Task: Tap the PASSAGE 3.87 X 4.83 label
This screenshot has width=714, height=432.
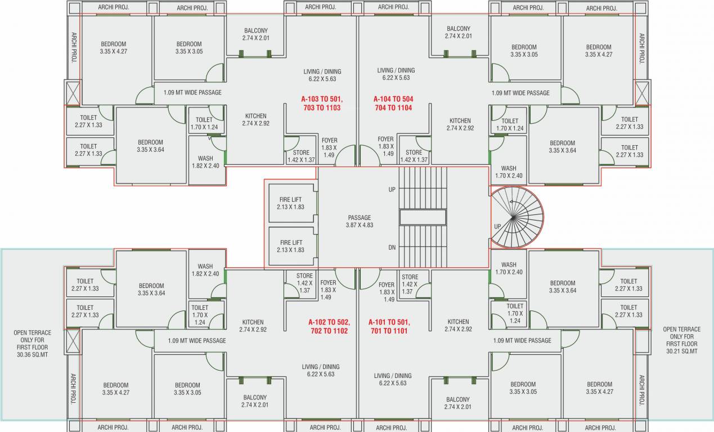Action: coord(359,221)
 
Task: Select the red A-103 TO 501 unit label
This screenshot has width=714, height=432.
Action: coord(321,102)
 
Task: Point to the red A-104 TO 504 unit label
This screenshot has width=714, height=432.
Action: coord(393,102)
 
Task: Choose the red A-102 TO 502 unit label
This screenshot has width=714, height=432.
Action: coord(329,326)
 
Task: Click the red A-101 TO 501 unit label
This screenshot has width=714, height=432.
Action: coord(389,326)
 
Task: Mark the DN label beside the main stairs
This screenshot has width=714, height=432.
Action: coord(392,247)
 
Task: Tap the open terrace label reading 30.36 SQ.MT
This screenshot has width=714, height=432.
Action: coord(32,344)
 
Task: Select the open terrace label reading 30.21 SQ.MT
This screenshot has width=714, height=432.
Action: coord(681,340)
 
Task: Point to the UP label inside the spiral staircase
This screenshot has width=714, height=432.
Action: coord(497,227)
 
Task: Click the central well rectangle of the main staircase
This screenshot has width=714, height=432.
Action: coord(423,217)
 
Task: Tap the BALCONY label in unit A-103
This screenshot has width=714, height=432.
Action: coord(255,34)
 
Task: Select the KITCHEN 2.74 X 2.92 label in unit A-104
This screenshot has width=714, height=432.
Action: coord(460,124)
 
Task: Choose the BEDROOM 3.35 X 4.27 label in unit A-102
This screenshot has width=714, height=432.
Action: coord(116,389)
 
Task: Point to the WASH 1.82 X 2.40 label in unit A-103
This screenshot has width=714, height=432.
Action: coord(205,162)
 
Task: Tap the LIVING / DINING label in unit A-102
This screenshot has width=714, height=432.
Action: coord(320,370)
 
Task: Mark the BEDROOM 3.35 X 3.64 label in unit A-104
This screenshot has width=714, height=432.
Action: coord(562,146)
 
